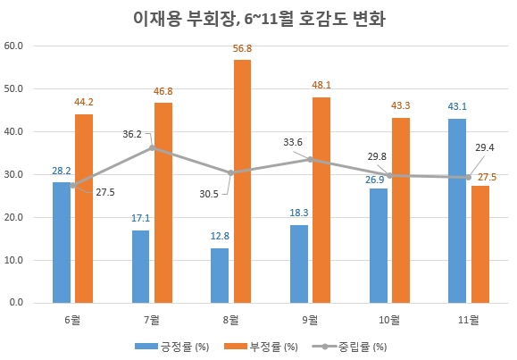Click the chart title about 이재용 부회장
pyautogui.click(x=259, y=18)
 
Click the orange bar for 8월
pyautogui.click(x=242, y=181)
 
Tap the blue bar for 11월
pyautogui.click(x=456, y=211)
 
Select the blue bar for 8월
pyautogui.click(x=219, y=275)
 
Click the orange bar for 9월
pyautogui.click(x=321, y=200)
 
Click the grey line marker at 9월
pyautogui.click(x=310, y=159)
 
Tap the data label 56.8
pyautogui.click(x=242, y=49)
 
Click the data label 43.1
pyautogui.click(x=456, y=107)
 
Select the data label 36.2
pyautogui.click(x=133, y=134)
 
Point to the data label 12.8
pyautogui.click(x=219, y=237)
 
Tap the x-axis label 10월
pyautogui.click(x=389, y=318)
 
